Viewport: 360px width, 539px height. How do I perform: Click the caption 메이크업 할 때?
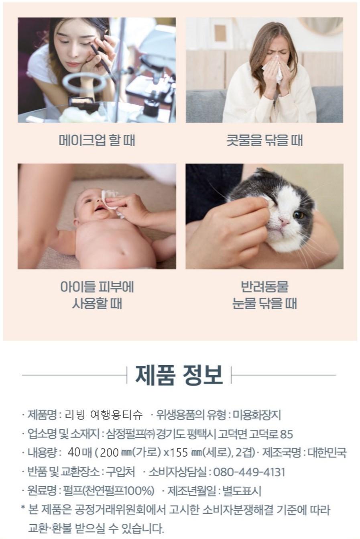click(x=97, y=140)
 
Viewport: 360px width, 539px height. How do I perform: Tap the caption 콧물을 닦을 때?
click(x=264, y=140)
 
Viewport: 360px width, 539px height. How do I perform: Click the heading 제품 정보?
click(x=179, y=375)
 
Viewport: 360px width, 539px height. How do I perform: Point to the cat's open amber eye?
click(x=299, y=215)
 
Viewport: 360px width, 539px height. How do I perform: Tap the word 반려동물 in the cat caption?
click(x=264, y=287)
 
